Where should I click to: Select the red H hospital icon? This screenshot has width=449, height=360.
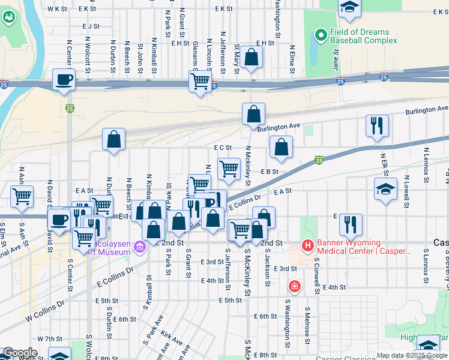pyautogui.click(x=307, y=246)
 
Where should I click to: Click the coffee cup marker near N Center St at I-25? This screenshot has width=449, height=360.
pyautogui.click(x=64, y=80)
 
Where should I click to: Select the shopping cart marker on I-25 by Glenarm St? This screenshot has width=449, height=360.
pyautogui.click(x=200, y=81)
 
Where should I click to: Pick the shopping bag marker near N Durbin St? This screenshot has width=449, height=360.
pyautogui.click(x=113, y=140)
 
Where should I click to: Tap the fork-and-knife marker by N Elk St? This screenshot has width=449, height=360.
pyautogui.click(x=377, y=126)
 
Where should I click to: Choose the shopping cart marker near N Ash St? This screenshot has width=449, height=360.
pyautogui.click(x=22, y=196)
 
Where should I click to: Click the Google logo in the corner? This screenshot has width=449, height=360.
pyautogui.click(x=19, y=353)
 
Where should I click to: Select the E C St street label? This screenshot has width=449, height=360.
pyautogui.click(x=222, y=148)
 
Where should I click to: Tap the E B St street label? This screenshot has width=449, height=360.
pyautogui.click(x=271, y=172)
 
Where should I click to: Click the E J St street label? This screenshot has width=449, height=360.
pyautogui.click(x=91, y=26)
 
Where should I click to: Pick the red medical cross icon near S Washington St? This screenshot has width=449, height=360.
pyautogui.click(x=294, y=287)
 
